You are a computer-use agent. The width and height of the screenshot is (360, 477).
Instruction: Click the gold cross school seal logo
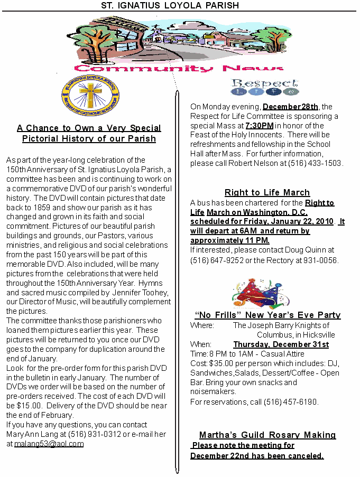click(90, 95)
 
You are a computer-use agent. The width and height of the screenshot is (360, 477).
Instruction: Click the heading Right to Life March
click(267, 193)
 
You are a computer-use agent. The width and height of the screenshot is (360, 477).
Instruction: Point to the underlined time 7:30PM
click(259, 126)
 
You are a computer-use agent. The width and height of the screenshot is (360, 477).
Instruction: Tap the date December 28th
click(290, 107)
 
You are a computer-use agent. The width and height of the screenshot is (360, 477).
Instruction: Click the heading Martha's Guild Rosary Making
click(267, 435)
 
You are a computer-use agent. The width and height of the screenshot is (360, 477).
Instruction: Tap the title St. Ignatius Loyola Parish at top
click(170, 5)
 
